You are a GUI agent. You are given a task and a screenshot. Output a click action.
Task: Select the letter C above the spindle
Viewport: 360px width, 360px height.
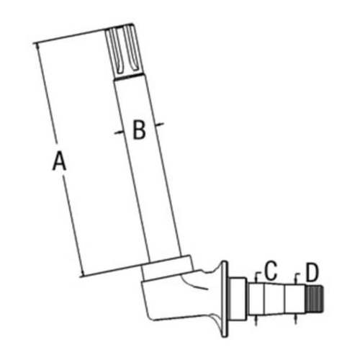point(271,272)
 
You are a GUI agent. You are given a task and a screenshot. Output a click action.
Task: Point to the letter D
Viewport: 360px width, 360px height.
point(311,272)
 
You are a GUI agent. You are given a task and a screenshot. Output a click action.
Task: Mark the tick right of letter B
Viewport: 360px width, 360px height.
point(163,125)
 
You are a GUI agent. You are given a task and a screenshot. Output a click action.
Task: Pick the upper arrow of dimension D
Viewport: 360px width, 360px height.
point(294,276)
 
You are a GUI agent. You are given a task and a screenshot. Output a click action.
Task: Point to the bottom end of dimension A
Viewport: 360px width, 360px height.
point(84,274)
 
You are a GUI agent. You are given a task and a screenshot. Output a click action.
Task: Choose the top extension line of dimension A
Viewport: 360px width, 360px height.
point(72,36)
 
